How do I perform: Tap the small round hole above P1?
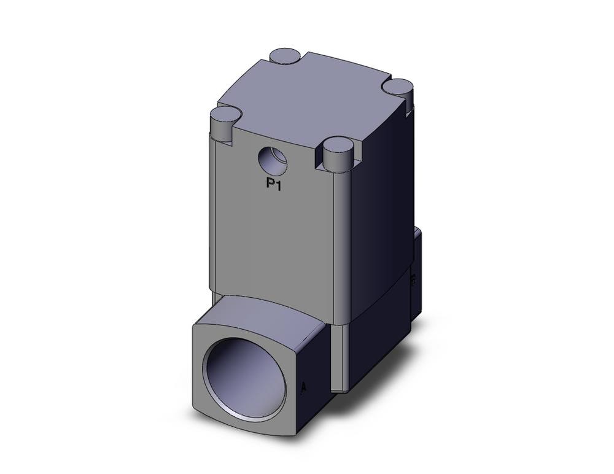pyautogui.click(x=272, y=161)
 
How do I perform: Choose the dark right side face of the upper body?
pyautogui.click(x=381, y=203)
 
